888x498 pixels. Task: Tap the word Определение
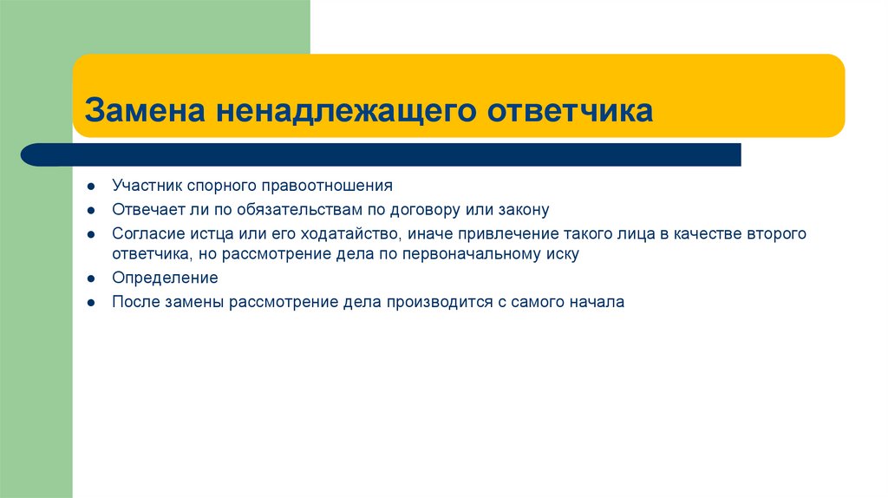pyautogui.click(x=165, y=278)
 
